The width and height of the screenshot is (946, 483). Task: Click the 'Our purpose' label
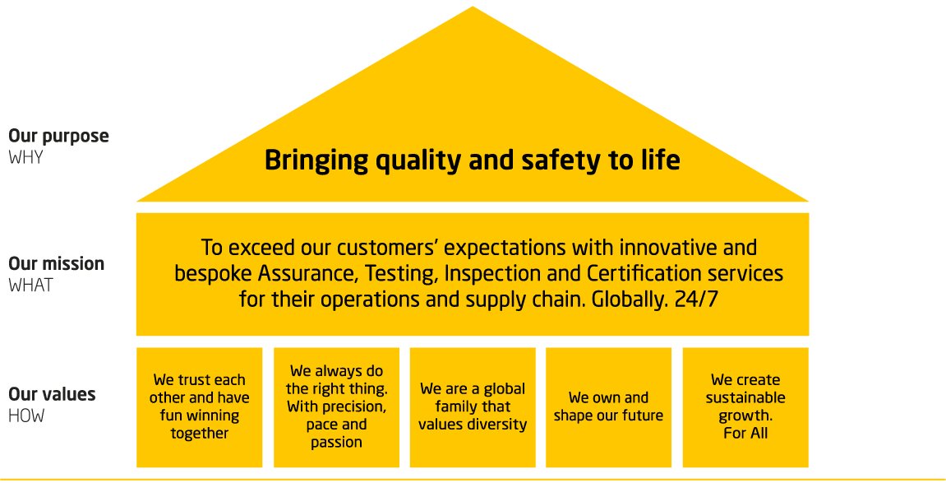(x=58, y=137)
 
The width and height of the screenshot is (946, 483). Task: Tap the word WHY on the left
(x=25, y=157)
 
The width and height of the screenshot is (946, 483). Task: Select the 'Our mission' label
(x=57, y=264)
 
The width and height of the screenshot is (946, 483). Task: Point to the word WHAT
(x=30, y=286)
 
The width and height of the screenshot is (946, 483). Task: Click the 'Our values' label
(x=52, y=395)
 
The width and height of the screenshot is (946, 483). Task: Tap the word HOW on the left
(x=26, y=416)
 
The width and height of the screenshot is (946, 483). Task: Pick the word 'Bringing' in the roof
(x=316, y=160)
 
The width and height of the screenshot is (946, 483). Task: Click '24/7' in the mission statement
(x=695, y=299)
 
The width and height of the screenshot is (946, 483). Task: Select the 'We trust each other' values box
(x=200, y=407)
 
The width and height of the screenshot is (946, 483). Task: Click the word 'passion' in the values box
(x=336, y=442)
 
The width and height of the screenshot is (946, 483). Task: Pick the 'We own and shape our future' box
(x=608, y=407)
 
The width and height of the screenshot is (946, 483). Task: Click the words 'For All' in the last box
(x=745, y=433)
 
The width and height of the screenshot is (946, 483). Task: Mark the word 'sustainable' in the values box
(x=745, y=398)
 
